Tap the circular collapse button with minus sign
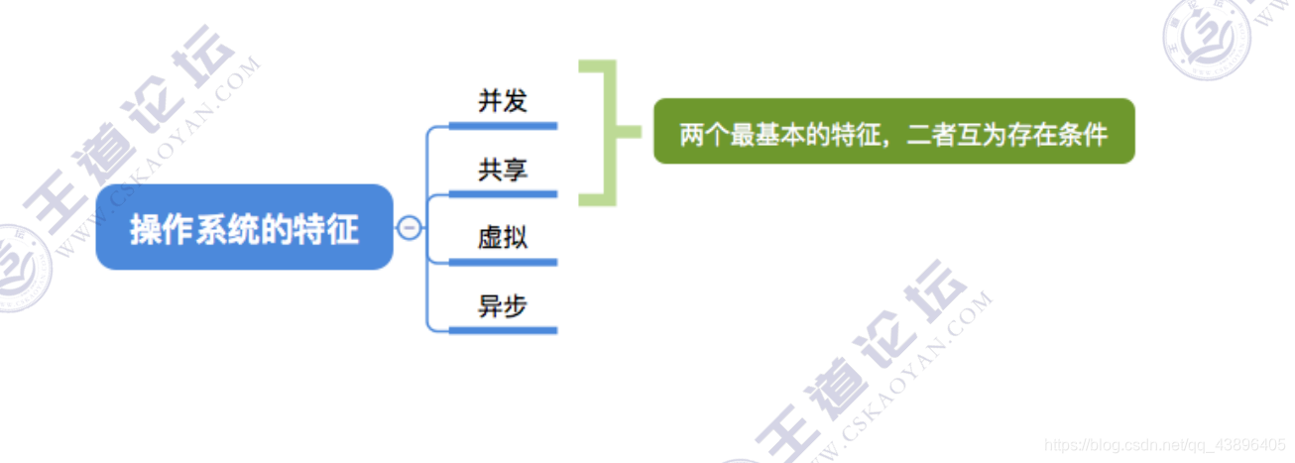pos(409,228)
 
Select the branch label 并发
pos(503,101)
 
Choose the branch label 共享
pos(503,170)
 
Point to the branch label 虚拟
pos(503,238)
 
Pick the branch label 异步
pos(503,306)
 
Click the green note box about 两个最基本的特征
pos(893,131)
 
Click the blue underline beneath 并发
pos(503,126)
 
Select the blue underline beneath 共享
pos(503,194)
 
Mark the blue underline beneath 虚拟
pos(503,263)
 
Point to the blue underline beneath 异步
pos(503,330)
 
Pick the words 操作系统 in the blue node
pos(187,230)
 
